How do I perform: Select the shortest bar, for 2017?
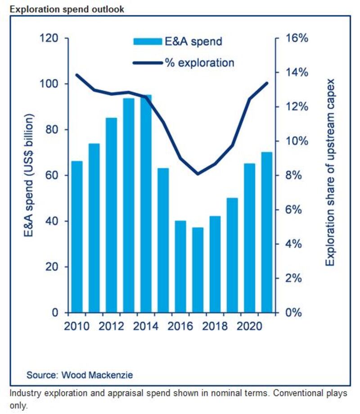198,270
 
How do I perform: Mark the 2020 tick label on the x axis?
250,325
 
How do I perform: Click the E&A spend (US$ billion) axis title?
30,175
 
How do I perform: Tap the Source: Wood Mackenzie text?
80,374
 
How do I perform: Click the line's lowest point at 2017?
198,174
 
